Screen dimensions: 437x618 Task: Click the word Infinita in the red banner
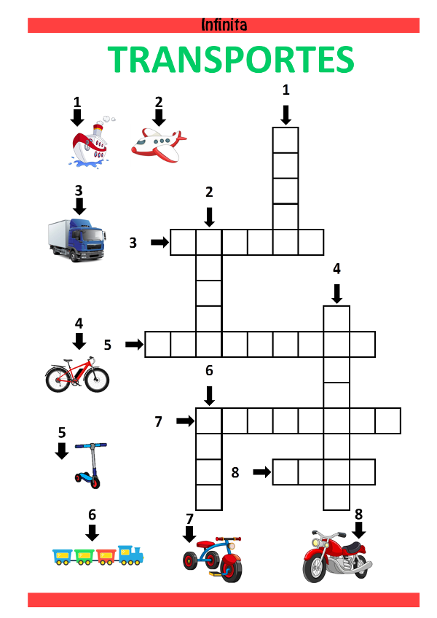(x=224, y=25)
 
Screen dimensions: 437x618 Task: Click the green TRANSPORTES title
(x=231, y=60)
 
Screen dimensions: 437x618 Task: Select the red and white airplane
(x=159, y=145)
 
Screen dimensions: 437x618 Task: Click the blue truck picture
(x=77, y=240)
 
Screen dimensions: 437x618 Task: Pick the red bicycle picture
(x=77, y=375)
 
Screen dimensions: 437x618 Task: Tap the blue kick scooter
(x=90, y=465)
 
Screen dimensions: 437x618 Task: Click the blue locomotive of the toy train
(x=131, y=555)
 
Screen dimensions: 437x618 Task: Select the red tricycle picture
(x=213, y=559)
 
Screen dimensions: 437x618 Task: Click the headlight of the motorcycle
(x=317, y=542)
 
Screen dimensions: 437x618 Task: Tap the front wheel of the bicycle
(x=97, y=379)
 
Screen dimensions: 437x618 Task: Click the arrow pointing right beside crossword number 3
(x=160, y=242)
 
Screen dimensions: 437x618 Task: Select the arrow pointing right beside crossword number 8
(x=261, y=472)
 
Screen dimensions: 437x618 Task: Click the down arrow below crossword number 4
(x=336, y=294)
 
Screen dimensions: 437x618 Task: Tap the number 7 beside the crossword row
(x=158, y=422)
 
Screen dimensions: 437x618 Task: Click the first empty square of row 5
(x=157, y=345)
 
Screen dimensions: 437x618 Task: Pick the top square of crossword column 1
(x=286, y=140)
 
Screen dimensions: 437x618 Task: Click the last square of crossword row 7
(x=387, y=421)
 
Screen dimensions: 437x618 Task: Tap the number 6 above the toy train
(x=92, y=515)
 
